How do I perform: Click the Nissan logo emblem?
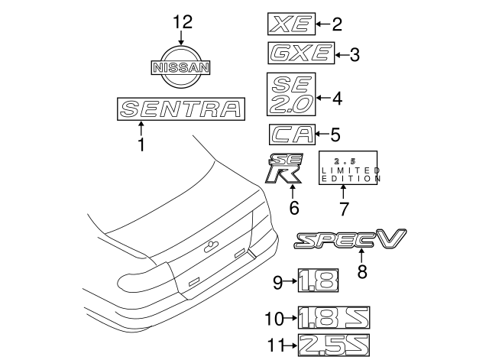point(181,67)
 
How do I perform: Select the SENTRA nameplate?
point(181,109)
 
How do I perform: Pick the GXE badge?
point(299,54)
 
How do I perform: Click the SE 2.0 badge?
point(290,97)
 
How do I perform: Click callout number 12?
point(181,23)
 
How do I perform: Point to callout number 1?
point(141,144)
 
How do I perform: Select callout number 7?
point(344,208)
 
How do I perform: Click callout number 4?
point(337,98)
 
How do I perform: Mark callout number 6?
point(293,207)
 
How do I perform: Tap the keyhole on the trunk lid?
point(209,247)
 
